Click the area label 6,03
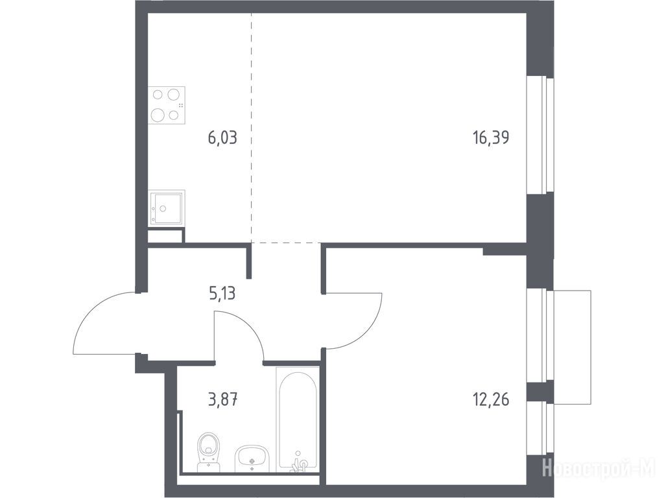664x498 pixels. pyautogui.click(x=222, y=137)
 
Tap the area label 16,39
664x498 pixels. pyautogui.click(x=491, y=137)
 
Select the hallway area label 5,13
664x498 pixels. pyautogui.click(x=222, y=293)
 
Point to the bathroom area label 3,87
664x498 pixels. pyautogui.click(x=223, y=399)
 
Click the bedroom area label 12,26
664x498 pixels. pyautogui.click(x=491, y=399)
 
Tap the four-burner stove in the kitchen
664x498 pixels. pyautogui.click(x=167, y=105)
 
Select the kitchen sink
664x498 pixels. pyautogui.click(x=167, y=207)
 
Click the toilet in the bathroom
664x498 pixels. pyautogui.click(x=209, y=451)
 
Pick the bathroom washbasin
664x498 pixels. pyautogui.click(x=252, y=458)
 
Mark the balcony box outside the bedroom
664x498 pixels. pyautogui.click(x=572, y=348)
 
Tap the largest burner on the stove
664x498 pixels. pyautogui.click(x=158, y=114)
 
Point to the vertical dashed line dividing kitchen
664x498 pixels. pyautogui.click(x=251, y=128)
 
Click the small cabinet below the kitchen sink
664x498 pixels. pyautogui.click(x=165, y=235)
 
